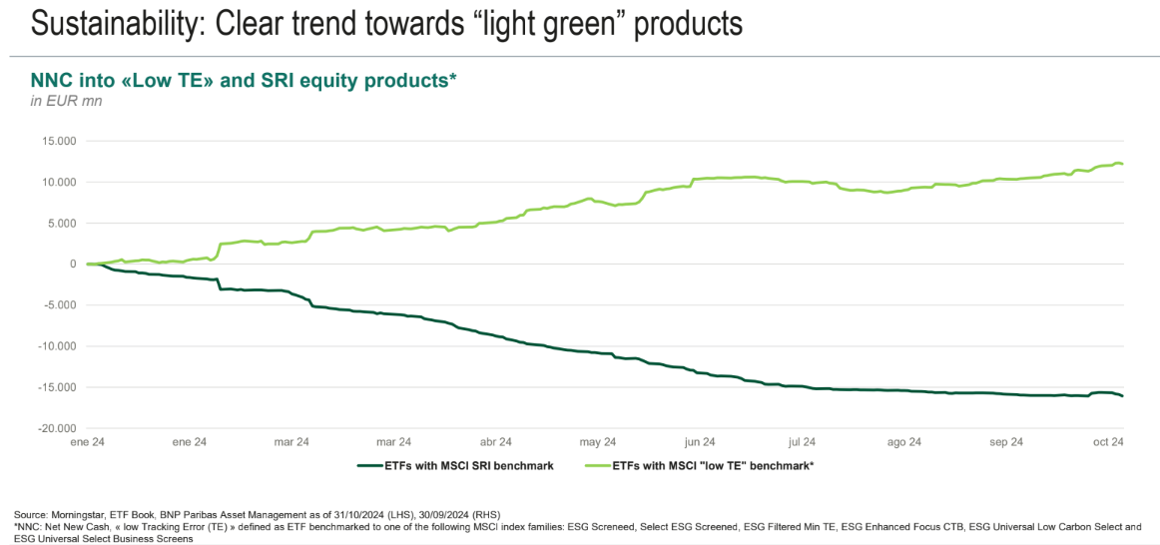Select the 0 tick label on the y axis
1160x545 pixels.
pos(73,264)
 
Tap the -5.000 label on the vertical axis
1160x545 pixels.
pos(59,305)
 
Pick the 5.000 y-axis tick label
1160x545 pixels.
pos(61,223)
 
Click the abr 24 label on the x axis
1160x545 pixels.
pos(495,441)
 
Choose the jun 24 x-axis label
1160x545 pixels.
pos(699,441)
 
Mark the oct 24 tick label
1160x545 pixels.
pos(1108,441)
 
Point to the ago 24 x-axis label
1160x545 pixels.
pos(903,441)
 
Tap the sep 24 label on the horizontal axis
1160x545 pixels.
pos(1006,441)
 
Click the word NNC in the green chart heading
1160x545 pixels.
pos(50,81)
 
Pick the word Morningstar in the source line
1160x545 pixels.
pos(84,514)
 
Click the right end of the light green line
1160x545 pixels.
pos(1123,164)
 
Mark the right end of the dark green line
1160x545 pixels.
pos(1123,396)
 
